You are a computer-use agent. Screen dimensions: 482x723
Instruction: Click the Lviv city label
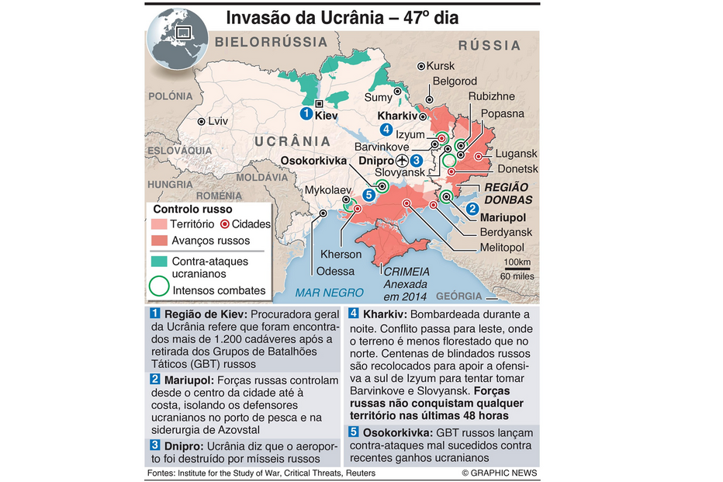pos(218,121)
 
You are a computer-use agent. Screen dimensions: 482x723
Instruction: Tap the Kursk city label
pos(440,66)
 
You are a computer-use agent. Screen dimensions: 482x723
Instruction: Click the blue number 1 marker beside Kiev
pos(306,114)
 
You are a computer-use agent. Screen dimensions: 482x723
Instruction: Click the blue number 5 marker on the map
pos(368,195)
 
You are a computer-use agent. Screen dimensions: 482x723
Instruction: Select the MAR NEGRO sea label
pos(329,293)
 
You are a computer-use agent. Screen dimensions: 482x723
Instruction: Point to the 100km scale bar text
pos(517,262)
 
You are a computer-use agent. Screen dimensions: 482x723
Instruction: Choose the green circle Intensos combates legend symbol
pos(158,286)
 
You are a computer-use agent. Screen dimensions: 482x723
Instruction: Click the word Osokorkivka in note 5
pos(396,432)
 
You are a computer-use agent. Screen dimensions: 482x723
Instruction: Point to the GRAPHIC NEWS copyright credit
pos(499,473)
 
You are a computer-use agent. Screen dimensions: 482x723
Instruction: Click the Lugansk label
pos(517,154)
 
